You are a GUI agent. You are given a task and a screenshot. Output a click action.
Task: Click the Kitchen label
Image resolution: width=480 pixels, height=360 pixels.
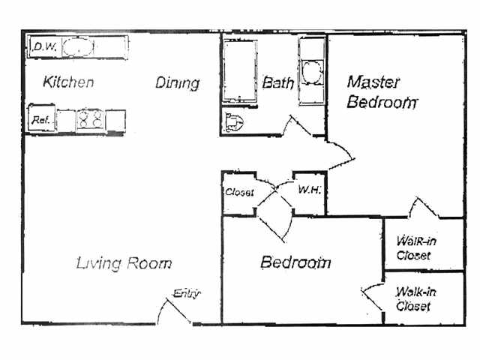click(68, 82)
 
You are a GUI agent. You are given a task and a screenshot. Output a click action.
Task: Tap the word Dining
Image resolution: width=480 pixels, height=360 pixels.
click(178, 82)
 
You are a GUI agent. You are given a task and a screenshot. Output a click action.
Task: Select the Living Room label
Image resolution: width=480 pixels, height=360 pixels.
click(124, 263)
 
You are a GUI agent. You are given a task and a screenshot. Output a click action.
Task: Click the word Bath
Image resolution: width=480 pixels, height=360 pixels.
click(277, 82)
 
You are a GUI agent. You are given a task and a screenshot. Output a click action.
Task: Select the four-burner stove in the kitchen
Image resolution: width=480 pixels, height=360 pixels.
click(90, 118)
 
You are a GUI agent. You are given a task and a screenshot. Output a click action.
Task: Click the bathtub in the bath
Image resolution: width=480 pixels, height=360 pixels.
click(239, 73)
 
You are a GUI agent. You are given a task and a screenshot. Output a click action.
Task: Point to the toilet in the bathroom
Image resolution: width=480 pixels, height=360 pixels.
click(234, 121)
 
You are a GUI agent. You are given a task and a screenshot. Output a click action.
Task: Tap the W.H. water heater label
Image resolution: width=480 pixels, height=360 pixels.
click(309, 190)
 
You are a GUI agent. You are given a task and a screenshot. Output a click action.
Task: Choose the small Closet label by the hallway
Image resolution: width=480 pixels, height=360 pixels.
click(239, 193)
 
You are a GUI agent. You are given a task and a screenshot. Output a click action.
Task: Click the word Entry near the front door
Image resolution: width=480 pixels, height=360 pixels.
click(187, 293)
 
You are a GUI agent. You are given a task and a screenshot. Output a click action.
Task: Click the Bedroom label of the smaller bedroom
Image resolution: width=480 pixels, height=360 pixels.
click(295, 262)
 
